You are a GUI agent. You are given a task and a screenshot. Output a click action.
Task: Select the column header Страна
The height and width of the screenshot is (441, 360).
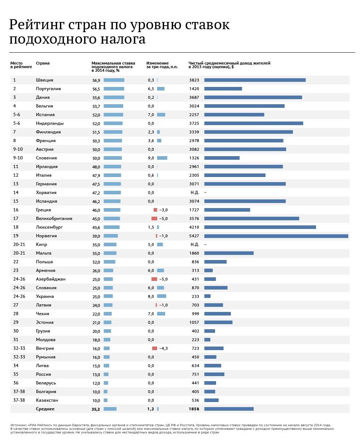click(x=43, y=63)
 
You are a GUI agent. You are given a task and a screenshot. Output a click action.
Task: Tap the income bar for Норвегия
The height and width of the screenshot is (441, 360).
click(x=276, y=236)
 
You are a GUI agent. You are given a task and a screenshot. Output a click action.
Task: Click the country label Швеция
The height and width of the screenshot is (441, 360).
click(x=45, y=80)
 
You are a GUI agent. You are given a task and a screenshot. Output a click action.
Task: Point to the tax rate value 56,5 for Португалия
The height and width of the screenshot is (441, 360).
click(x=96, y=89)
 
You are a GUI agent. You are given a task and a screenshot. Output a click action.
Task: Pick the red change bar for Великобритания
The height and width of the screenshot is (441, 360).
click(x=154, y=219)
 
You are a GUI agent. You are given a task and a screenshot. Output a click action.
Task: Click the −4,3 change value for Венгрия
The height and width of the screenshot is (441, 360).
click(x=163, y=348)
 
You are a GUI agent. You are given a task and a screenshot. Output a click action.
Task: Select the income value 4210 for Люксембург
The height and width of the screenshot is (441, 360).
click(x=194, y=227)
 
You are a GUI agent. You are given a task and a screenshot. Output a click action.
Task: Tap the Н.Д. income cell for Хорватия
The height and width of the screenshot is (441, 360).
click(x=194, y=193)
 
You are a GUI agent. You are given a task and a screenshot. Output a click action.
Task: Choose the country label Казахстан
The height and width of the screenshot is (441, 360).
click(x=47, y=400)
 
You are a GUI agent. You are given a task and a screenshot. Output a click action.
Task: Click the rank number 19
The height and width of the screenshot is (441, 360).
click(x=15, y=236)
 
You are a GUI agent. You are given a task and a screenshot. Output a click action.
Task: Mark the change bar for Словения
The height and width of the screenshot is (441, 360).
click(x=162, y=158)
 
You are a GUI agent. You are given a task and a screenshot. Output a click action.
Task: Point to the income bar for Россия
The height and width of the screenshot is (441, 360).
click(x=214, y=374)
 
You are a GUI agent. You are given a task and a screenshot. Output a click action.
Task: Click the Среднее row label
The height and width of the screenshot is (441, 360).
click(x=45, y=409)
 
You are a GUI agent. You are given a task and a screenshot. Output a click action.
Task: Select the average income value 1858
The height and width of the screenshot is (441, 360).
click(x=194, y=409)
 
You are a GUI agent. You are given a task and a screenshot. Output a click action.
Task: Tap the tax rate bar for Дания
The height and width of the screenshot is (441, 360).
click(x=114, y=97)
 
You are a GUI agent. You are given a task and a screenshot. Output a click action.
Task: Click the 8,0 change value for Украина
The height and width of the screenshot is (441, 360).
click(x=151, y=296)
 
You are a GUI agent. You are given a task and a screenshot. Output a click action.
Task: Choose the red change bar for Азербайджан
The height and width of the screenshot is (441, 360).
click(x=154, y=279)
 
